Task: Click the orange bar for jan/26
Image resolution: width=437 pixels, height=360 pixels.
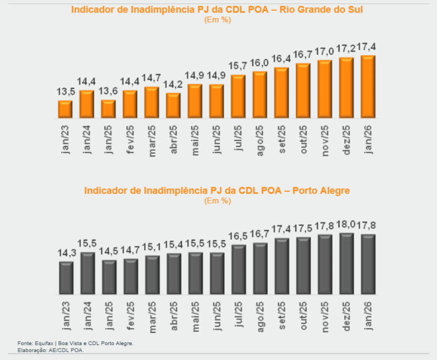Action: (x=368, y=87)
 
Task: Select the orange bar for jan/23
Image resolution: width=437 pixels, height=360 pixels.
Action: (x=65, y=109)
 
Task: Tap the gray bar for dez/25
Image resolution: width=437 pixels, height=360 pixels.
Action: (x=346, y=263)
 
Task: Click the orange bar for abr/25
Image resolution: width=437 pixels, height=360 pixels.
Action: (x=173, y=105)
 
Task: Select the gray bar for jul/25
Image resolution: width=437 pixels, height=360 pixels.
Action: (x=238, y=269)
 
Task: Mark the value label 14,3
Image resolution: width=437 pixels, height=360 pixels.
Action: (x=66, y=254)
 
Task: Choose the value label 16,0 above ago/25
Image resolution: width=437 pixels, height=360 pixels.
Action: (x=260, y=64)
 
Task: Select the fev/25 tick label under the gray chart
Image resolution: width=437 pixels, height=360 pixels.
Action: (x=130, y=316)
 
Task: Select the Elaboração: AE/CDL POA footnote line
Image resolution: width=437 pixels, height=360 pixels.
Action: (x=50, y=350)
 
